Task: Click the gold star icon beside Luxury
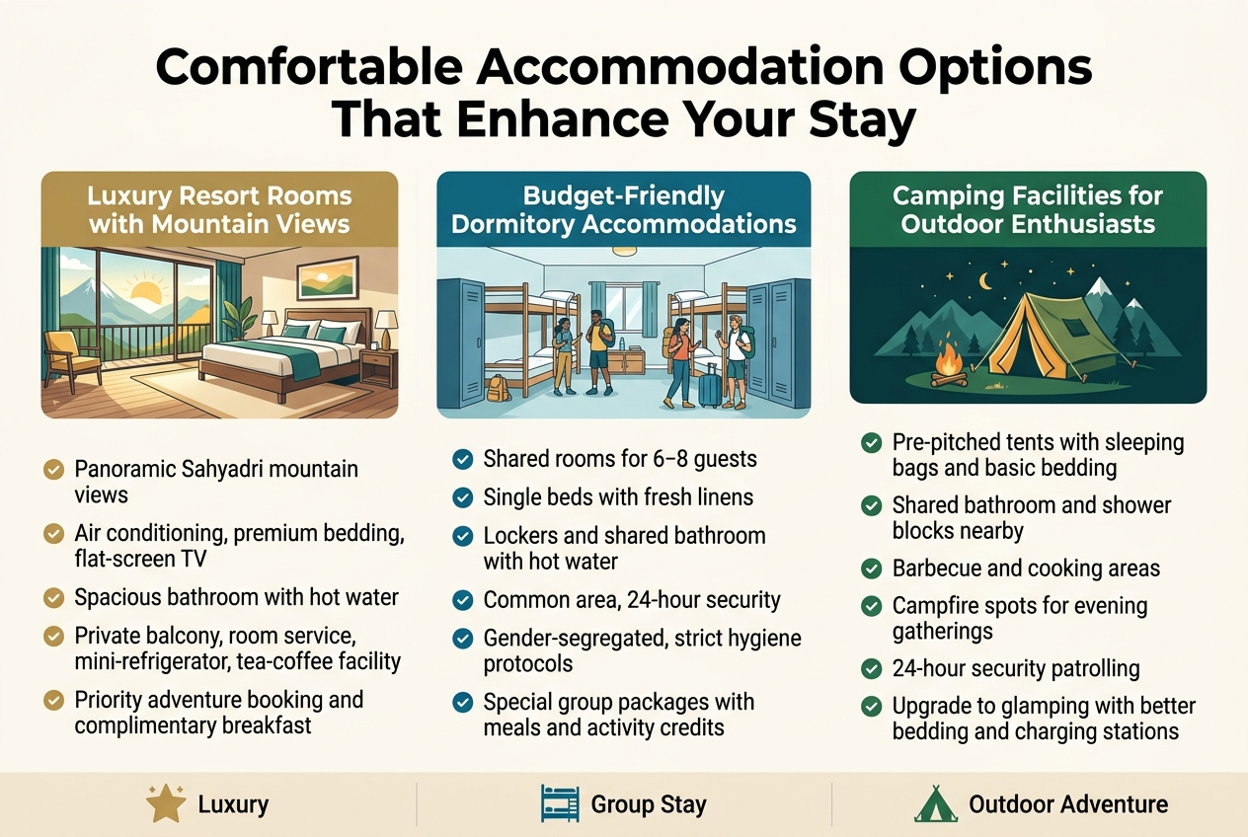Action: click(166, 804)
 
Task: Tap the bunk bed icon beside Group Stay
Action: click(561, 804)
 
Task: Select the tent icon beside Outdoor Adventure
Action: click(935, 804)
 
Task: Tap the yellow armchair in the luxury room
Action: click(70, 357)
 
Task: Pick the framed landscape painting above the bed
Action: click(327, 277)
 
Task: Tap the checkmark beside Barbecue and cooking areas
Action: click(872, 569)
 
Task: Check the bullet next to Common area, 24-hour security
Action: click(463, 600)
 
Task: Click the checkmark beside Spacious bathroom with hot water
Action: click(54, 598)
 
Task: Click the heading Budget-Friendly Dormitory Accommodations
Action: click(624, 209)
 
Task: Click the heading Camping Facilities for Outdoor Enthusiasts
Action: click(1028, 209)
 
